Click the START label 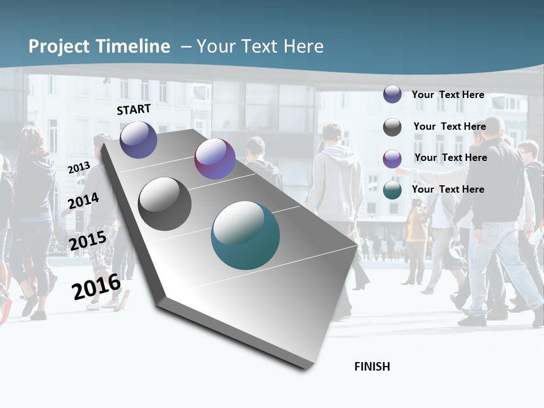tap(134, 109)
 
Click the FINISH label tap(372, 367)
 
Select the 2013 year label tap(79, 168)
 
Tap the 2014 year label tap(83, 201)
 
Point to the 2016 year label tap(96, 287)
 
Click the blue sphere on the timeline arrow tap(138, 139)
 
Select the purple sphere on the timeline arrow tap(215, 159)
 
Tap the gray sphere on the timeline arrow tap(164, 204)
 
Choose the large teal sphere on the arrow tap(245, 235)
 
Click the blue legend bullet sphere tap(392, 95)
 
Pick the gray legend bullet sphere tap(392, 127)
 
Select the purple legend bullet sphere tap(392, 159)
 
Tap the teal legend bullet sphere tap(392, 190)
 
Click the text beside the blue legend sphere tap(448, 95)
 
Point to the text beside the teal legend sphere tap(448, 189)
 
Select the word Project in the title tap(58, 46)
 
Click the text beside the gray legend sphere tap(449, 126)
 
